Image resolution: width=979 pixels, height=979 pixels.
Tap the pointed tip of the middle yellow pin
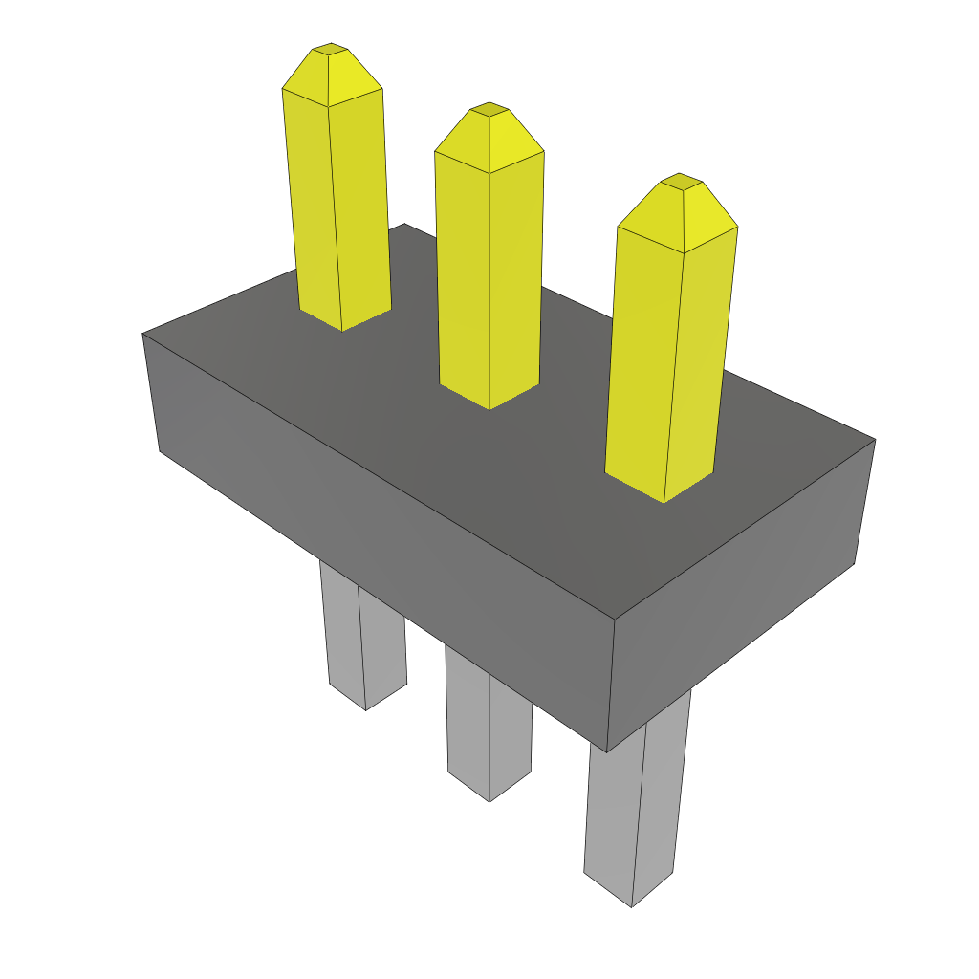(x=489, y=109)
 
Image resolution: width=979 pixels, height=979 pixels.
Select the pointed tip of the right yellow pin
(x=682, y=181)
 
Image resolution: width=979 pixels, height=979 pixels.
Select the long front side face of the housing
(x=382, y=535)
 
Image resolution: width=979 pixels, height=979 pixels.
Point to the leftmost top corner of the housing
(x=143, y=334)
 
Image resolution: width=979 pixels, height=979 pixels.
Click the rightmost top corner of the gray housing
(x=874, y=440)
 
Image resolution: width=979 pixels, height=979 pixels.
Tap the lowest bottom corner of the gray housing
(x=607, y=751)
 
